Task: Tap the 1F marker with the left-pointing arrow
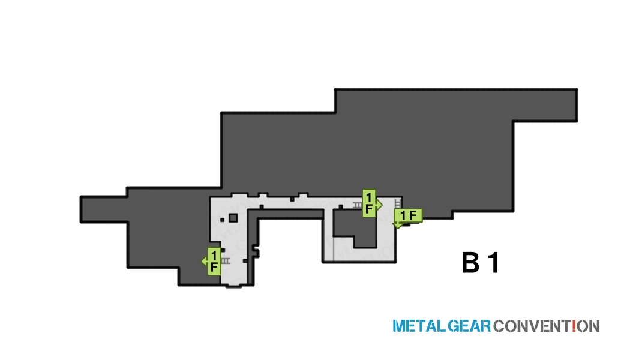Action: (212, 261)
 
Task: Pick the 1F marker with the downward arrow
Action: (407, 217)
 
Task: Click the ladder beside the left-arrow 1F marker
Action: (226, 261)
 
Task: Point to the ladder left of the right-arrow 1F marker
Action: (357, 205)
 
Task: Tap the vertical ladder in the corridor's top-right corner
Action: (398, 203)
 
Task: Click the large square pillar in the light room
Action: (233, 218)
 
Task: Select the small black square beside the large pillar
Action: (222, 220)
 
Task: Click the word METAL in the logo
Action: (419, 326)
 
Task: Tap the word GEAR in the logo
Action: (469, 326)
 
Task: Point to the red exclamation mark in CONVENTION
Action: (574, 325)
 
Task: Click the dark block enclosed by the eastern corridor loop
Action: (355, 228)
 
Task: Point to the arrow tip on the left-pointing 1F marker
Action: (202, 262)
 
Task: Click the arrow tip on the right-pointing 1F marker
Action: (382, 205)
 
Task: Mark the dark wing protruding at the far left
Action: (104, 209)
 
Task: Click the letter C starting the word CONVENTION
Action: (499, 326)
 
